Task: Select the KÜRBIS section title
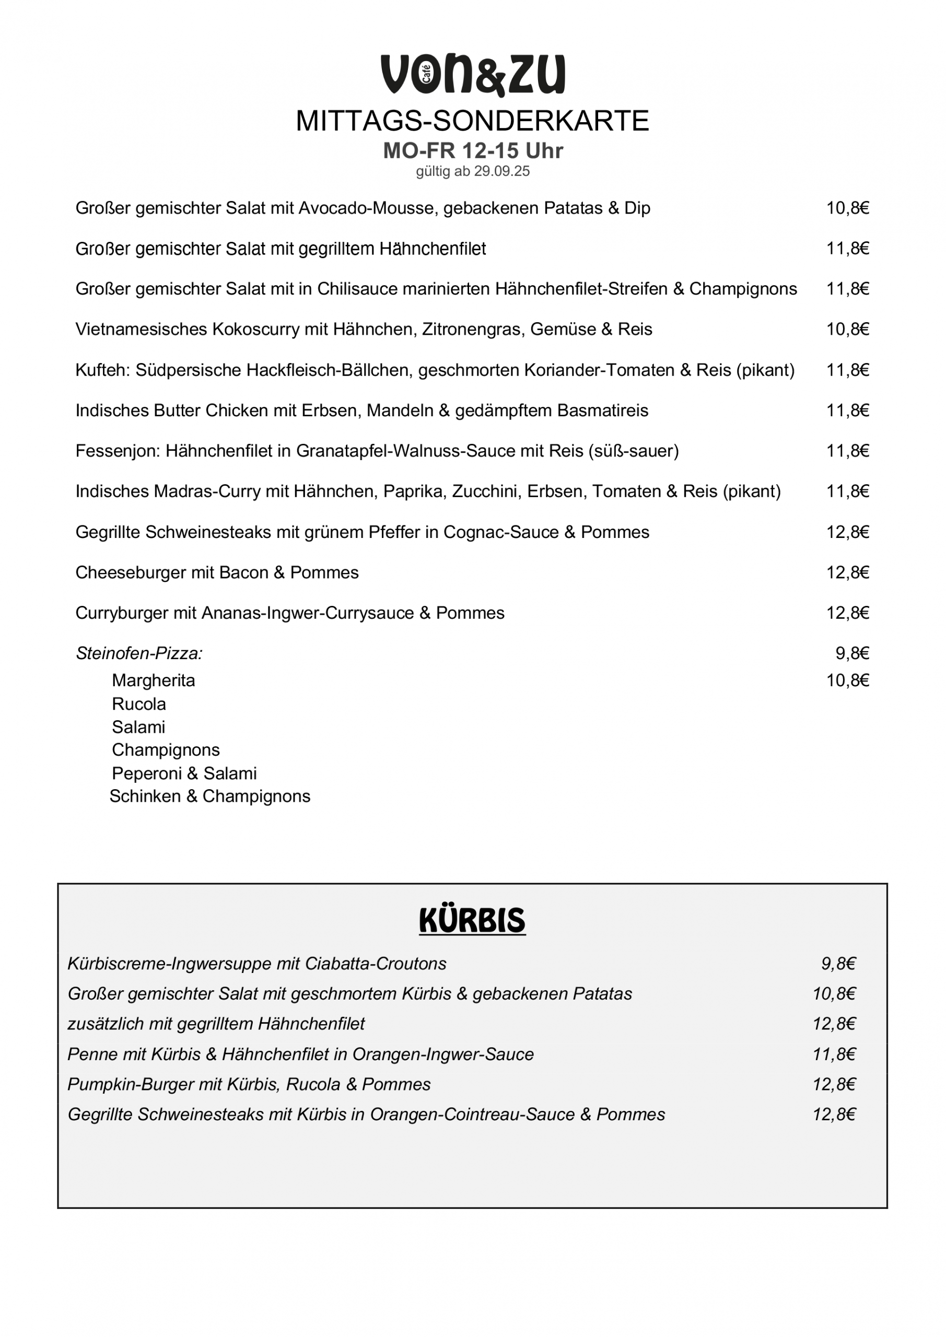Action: [x=472, y=921]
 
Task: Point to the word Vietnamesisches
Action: [x=141, y=330]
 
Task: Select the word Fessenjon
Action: [x=116, y=451]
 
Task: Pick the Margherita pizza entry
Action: [x=153, y=680]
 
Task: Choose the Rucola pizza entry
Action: [x=138, y=704]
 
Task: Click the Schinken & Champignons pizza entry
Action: [x=209, y=796]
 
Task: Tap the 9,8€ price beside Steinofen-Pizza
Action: [x=852, y=653]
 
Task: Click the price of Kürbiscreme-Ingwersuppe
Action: [x=838, y=964]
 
